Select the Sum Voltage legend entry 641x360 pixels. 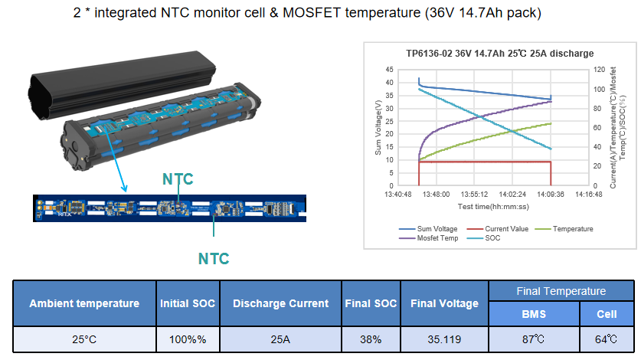click(x=428, y=229)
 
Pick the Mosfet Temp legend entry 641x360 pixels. click(x=428, y=238)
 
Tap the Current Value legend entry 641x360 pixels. click(x=498, y=229)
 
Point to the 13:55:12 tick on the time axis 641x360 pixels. click(x=474, y=195)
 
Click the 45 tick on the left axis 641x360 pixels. click(x=389, y=70)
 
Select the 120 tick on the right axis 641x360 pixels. click(x=600, y=70)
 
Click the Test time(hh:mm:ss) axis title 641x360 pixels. click(x=493, y=207)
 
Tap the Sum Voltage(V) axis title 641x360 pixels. click(x=378, y=128)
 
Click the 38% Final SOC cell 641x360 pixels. click(x=371, y=339)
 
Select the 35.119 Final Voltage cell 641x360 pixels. click(x=444, y=339)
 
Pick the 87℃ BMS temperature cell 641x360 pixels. click(x=534, y=339)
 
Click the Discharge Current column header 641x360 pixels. click(x=280, y=303)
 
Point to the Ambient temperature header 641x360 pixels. click(x=84, y=303)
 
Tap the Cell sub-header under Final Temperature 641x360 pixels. click(x=607, y=314)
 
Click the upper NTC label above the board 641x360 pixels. click(x=178, y=179)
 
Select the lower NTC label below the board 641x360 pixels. click(x=214, y=259)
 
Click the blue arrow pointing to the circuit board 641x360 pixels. click(x=116, y=160)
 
